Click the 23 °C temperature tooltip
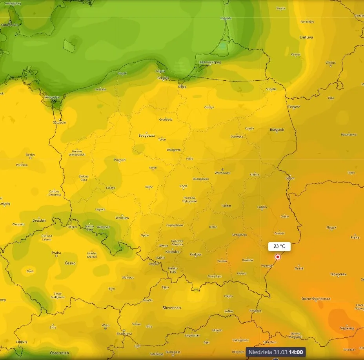coord(279,246)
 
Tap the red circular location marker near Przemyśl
coord(278,257)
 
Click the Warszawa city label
coord(222,173)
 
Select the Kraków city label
coord(195,255)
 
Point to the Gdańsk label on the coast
coord(163,78)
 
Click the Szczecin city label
coord(60,122)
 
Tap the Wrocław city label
coord(122,218)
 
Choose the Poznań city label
coord(119,160)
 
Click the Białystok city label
coord(277,130)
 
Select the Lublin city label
coord(262,207)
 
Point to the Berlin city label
coord(30,155)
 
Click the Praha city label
coord(56,253)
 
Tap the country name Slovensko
coord(172,308)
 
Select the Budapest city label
coord(173,352)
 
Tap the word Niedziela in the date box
coord(260,352)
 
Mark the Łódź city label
coord(183,187)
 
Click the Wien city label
coord(105,325)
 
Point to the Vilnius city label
coord(330,63)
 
